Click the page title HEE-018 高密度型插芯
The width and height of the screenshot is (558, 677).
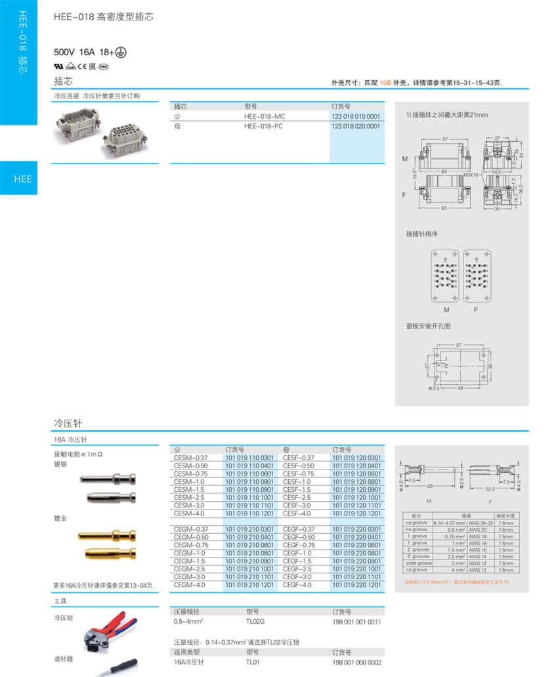click(104, 18)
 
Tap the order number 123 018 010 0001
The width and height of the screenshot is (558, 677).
click(356, 116)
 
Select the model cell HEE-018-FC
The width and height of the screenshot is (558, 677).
click(264, 125)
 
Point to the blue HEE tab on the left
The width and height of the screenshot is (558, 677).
click(23, 179)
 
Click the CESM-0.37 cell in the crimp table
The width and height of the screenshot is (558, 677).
click(191, 458)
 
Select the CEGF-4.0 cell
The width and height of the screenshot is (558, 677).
click(297, 584)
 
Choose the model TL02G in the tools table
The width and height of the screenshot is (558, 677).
click(255, 621)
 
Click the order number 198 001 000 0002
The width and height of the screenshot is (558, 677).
click(356, 663)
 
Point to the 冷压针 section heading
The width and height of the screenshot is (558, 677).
click(68, 423)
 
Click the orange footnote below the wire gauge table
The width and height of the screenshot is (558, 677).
click(457, 582)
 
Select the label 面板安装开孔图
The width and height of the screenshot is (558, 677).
click(429, 326)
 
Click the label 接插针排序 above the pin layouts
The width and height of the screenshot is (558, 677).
click(421, 234)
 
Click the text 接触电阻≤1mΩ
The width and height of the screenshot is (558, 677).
click(78, 454)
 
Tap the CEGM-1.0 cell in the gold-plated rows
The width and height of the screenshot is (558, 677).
click(190, 553)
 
